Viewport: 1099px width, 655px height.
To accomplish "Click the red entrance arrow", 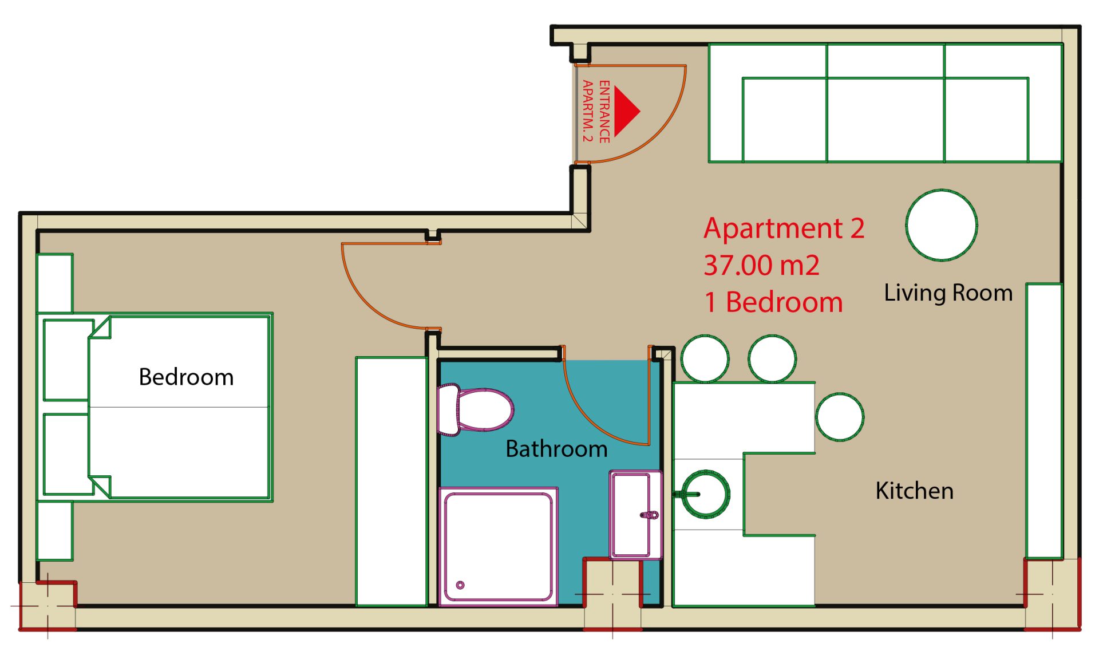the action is click(625, 111).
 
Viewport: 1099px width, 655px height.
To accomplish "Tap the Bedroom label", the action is click(186, 377).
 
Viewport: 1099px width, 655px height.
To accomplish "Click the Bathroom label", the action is click(556, 449).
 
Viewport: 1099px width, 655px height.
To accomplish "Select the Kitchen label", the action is click(914, 491).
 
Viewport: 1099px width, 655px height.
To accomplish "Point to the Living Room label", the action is click(948, 293).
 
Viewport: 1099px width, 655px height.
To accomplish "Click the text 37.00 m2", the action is click(761, 265).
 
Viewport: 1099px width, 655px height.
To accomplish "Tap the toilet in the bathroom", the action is click(475, 409).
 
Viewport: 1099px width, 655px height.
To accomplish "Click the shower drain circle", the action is click(460, 585).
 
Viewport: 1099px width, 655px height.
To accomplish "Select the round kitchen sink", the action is click(706, 494).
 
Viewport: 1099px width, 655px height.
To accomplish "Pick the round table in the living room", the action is click(942, 225).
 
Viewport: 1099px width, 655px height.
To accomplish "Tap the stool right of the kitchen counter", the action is click(840, 417).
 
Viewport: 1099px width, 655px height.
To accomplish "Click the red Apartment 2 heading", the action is click(784, 228).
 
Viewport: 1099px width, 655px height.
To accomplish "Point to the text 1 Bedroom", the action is click(773, 302).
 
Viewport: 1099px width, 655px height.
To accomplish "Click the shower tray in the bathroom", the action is click(498, 546).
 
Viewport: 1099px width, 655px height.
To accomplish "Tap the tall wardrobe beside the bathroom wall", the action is click(392, 481).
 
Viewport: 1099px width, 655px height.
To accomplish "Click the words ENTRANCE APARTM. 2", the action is click(596, 111).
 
